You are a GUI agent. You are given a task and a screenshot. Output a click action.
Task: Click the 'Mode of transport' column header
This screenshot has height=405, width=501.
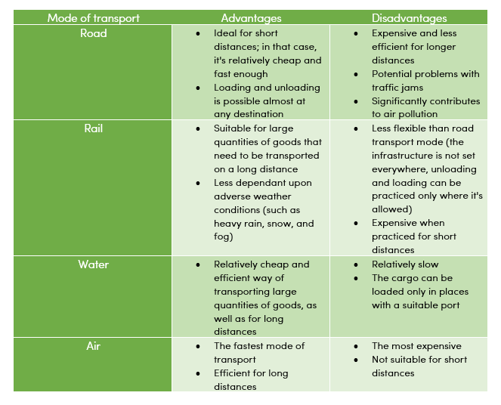pos(94,18)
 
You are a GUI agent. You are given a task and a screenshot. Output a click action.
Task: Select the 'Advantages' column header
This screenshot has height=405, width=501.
pos(251,18)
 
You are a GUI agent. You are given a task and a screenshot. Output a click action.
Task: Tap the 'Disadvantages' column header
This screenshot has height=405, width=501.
pos(409,18)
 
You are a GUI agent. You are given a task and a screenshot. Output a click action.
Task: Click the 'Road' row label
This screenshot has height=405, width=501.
pos(94,33)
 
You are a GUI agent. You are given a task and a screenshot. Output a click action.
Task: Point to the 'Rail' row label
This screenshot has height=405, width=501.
pos(94,128)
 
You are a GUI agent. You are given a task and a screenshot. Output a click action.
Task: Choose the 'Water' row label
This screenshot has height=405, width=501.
pos(94,264)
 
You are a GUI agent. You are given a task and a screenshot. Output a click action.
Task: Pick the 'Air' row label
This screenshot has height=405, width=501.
pos(94,346)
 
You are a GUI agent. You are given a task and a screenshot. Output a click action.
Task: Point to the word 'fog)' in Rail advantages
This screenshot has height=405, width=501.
pos(224,237)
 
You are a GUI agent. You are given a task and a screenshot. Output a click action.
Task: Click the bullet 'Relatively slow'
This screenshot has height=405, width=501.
pos(405,264)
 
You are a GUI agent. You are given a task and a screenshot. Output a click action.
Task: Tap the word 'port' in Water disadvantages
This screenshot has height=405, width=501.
pos(458,305)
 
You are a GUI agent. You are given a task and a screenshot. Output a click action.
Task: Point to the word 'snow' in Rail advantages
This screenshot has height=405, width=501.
pos(274,224)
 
